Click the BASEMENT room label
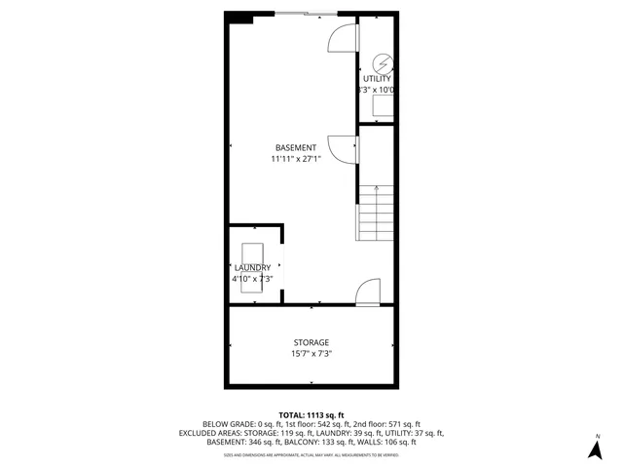pos(295,147)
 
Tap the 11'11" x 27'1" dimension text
pos(295,158)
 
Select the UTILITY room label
pos(377,78)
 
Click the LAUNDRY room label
pos(252,267)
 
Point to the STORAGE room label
pos(311,342)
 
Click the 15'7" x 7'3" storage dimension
pos(311,354)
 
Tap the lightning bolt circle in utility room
pos(381,59)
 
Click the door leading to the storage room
pos(367,292)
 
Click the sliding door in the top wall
pos(306,14)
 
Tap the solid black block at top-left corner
pos(239,17)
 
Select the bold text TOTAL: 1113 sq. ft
pos(311,414)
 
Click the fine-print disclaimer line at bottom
pos(311,454)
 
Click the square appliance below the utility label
pos(385,105)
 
